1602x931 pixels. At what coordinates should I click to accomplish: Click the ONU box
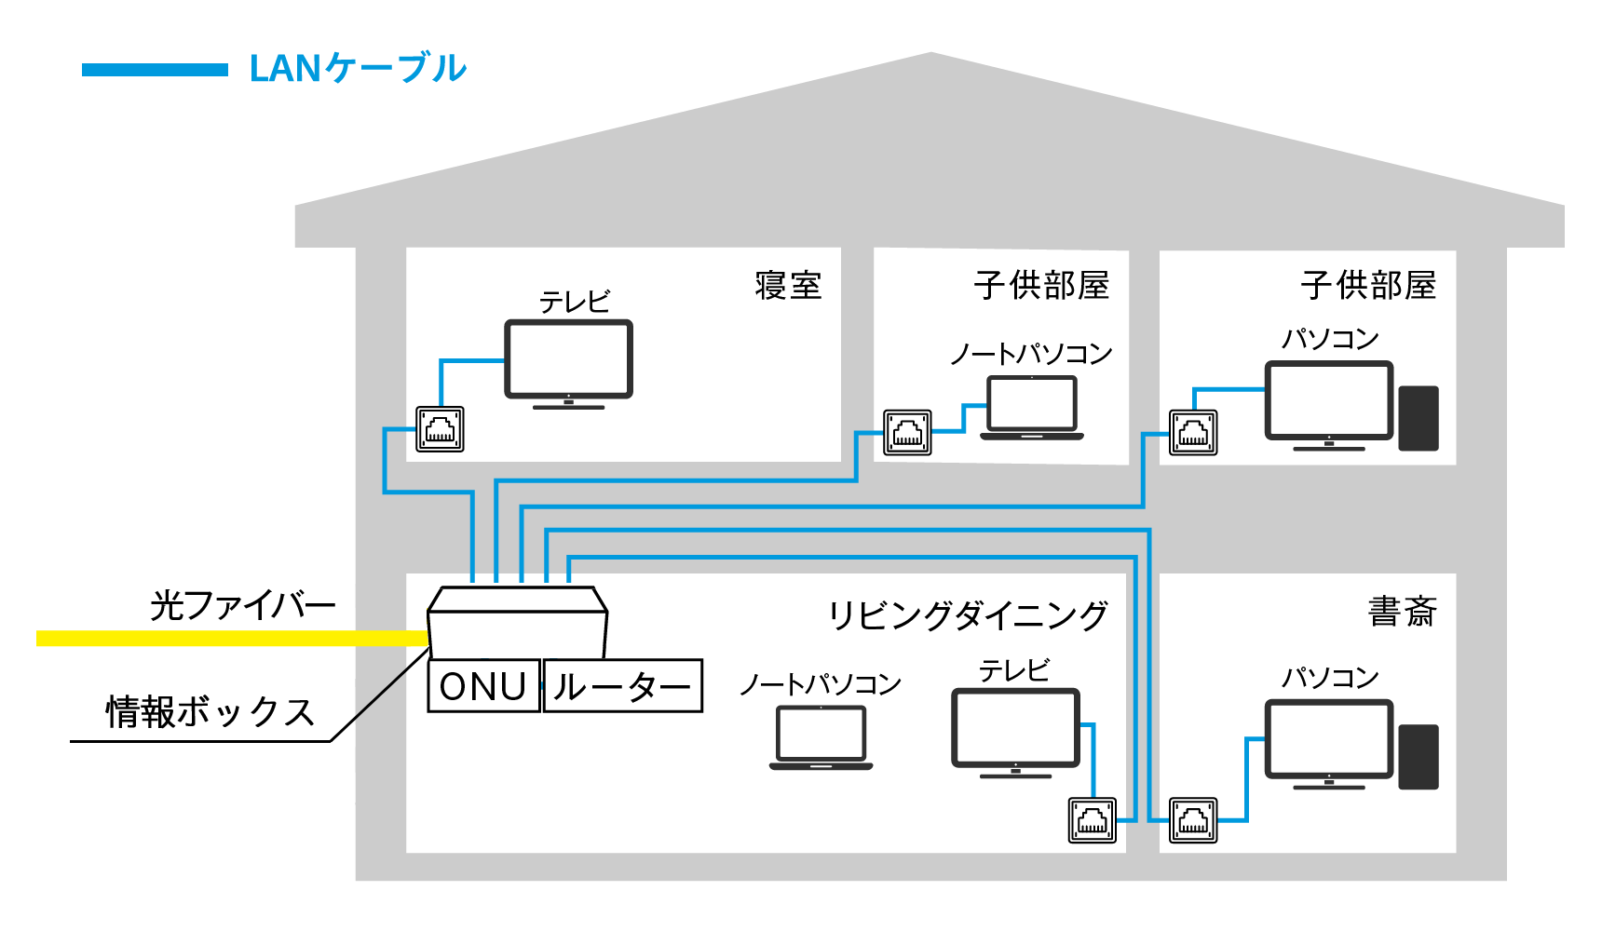(x=483, y=686)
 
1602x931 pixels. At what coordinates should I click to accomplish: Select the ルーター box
(x=622, y=686)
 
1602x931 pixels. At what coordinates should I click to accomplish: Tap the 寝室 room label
(x=788, y=285)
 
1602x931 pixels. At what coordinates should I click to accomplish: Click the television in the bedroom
(x=568, y=361)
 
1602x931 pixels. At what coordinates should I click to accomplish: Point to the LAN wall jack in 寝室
(x=440, y=429)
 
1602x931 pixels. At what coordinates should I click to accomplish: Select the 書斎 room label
(x=1402, y=612)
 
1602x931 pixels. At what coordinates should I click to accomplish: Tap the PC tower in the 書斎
(x=1418, y=756)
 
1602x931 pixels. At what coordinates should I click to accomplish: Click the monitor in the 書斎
(x=1328, y=740)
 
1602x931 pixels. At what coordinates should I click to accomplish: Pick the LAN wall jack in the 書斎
(x=1193, y=820)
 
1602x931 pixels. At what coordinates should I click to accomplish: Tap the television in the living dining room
(x=1015, y=729)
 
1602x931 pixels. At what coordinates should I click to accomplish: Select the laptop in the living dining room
(x=821, y=736)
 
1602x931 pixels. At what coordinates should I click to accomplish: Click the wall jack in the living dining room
(x=1092, y=820)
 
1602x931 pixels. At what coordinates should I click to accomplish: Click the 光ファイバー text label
(x=242, y=605)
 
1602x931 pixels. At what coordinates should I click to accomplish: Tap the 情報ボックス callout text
(x=210, y=712)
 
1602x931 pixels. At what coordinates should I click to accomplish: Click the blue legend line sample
(x=155, y=70)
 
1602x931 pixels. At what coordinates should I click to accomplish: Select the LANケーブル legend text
(x=358, y=69)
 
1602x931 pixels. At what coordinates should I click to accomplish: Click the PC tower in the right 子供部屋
(x=1418, y=418)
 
